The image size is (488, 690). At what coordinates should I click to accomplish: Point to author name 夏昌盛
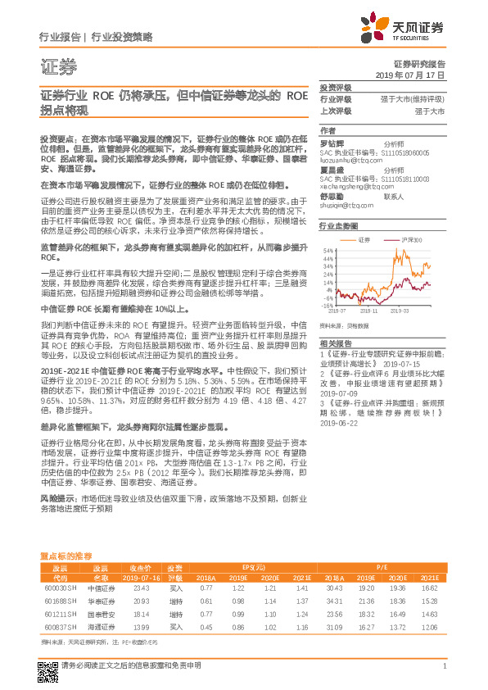332,170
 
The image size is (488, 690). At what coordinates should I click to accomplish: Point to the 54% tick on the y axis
328,250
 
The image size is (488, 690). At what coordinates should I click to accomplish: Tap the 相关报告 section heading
336,343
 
